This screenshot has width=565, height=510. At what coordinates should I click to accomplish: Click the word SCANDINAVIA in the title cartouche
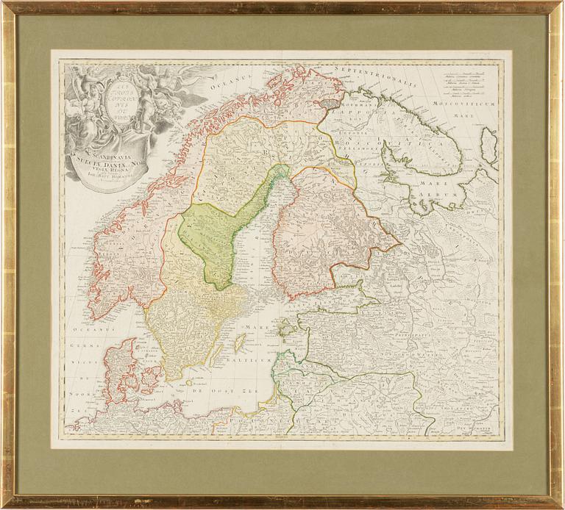coord(103,147)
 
